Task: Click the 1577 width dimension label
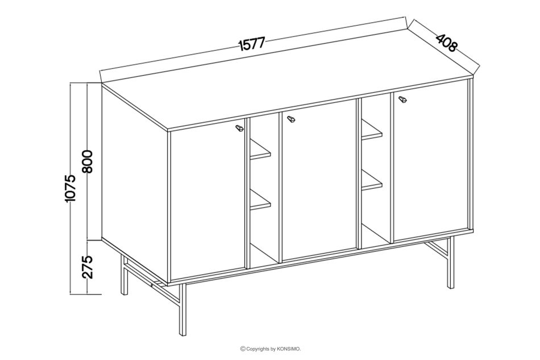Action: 251,44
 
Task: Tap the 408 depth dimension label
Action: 447,43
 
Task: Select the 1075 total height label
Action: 70,188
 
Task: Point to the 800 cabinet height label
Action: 88,162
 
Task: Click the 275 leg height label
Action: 88,267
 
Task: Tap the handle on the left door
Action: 239,128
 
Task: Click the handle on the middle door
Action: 291,118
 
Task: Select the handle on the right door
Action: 402,100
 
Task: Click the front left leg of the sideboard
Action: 183,309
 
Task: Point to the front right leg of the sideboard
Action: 450,262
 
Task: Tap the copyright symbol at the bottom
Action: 243,349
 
